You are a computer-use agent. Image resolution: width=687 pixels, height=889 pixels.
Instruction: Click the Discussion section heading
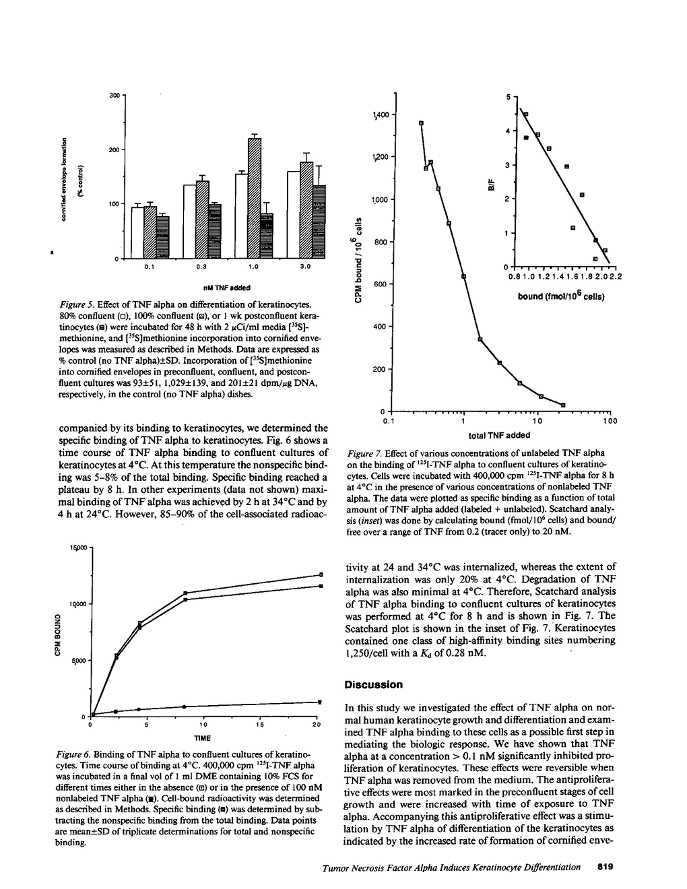[374, 685]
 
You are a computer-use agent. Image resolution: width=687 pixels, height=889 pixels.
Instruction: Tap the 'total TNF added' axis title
[500, 435]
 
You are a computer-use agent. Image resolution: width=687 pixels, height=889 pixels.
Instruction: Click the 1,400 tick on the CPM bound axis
[379, 115]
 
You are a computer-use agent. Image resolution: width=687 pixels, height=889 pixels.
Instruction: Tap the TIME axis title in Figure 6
[203, 738]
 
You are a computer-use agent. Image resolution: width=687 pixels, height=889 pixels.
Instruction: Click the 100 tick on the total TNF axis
[610, 422]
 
